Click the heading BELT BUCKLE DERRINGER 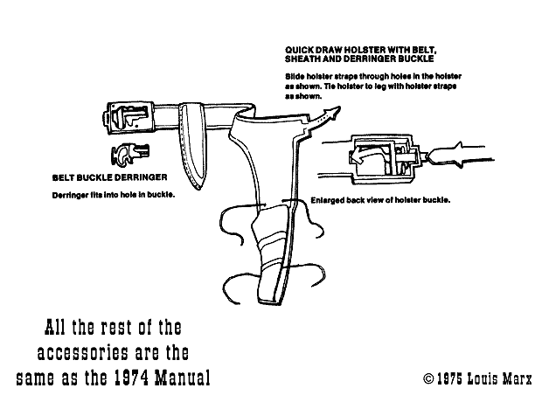pos(109,177)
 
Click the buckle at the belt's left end pos(129,118)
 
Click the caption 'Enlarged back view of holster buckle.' pos(380,200)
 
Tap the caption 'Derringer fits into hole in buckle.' pos(114,195)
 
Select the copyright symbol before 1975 pos(428,378)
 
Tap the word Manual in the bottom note pos(182,378)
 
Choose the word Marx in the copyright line pos(518,378)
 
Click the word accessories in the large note pos(83,353)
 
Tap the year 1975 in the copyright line pos(449,378)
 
